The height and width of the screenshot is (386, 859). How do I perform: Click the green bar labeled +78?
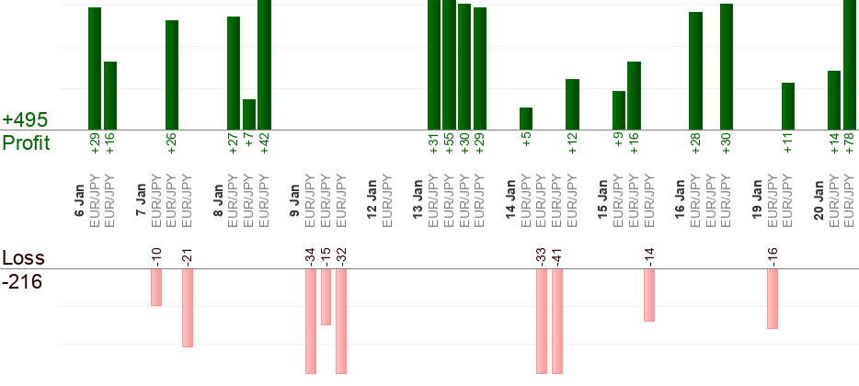(850, 64)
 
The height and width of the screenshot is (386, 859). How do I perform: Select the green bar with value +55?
(449, 64)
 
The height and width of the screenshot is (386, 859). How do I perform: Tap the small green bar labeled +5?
(526, 119)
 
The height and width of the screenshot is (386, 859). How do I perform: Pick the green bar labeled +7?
(248, 114)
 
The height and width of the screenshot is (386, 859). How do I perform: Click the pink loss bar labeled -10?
(156, 288)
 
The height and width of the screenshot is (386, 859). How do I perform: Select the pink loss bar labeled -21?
(187, 308)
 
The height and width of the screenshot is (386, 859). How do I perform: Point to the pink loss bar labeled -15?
(326, 297)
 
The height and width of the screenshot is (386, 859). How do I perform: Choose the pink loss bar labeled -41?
(556, 322)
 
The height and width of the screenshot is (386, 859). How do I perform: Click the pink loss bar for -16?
(773, 299)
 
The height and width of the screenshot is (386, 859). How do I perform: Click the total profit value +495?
(25, 120)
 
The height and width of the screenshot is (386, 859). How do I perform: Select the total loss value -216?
(22, 281)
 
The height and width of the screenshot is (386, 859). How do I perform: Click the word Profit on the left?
(27, 143)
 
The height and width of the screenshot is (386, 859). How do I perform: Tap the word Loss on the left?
(23, 257)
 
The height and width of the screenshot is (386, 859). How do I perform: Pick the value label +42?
(264, 143)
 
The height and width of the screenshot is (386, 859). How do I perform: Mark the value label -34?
(311, 257)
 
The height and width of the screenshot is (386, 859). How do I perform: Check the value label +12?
(572, 143)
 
